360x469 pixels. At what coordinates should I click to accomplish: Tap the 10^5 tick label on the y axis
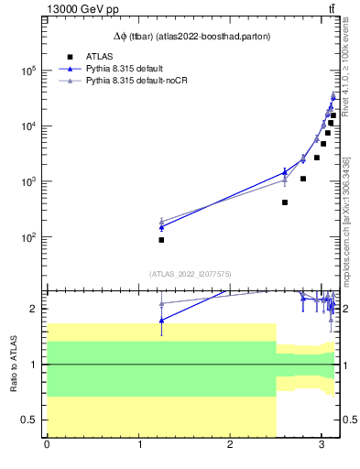pyautogui.click(x=29, y=70)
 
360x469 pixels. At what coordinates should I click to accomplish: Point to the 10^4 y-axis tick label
pyautogui.click(x=29, y=125)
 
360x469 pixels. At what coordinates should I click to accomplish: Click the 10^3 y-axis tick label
pyautogui.click(x=29, y=181)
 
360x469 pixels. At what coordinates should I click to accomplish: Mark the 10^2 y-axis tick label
pyautogui.click(x=29, y=237)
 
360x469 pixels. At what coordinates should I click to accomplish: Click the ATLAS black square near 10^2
pyautogui.click(x=161, y=240)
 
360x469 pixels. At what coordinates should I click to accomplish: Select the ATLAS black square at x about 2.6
pyautogui.click(x=285, y=202)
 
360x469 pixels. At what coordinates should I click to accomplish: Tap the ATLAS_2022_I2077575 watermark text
pyautogui.click(x=191, y=273)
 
